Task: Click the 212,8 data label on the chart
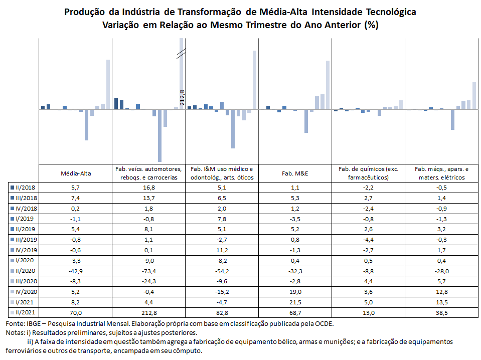pyautogui.click(x=182, y=98)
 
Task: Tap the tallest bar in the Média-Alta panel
pyautogui.click(x=108, y=84)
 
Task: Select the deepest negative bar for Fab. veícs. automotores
pyautogui.click(x=159, y=135)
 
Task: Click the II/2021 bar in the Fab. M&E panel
pyautogui.click(x=328, y=85)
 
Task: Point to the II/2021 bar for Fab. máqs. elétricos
pyautogui.click(x=474, y=96)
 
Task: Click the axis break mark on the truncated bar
pyautogui.click(x=181, y=53)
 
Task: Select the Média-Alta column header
pyautogui.click(x=76, y=173)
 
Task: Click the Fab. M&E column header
pyautogui.click(x=295, y=173)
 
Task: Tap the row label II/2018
pyautogui.click(x=25, y=188)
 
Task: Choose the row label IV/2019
pyautogui.click(x=26, y=250)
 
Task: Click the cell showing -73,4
pyautogui.click(x=149, y=271)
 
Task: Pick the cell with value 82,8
pyautogui.click(x=222, y=312)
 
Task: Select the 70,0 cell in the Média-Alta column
pyautogui.click(x=76, y=312)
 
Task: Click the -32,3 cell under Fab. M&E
pyautogui.click(x=295, y=271)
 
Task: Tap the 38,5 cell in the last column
pyautogui.click(x=442, y=312)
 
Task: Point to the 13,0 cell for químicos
pyautogui.click(x=368, y=312)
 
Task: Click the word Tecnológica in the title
pyautogui.click(x=391, y=12)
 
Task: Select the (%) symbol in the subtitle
pyautogui.click(x=372, y=25)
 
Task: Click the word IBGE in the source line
pyautogui.click(x=33, y=323)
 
